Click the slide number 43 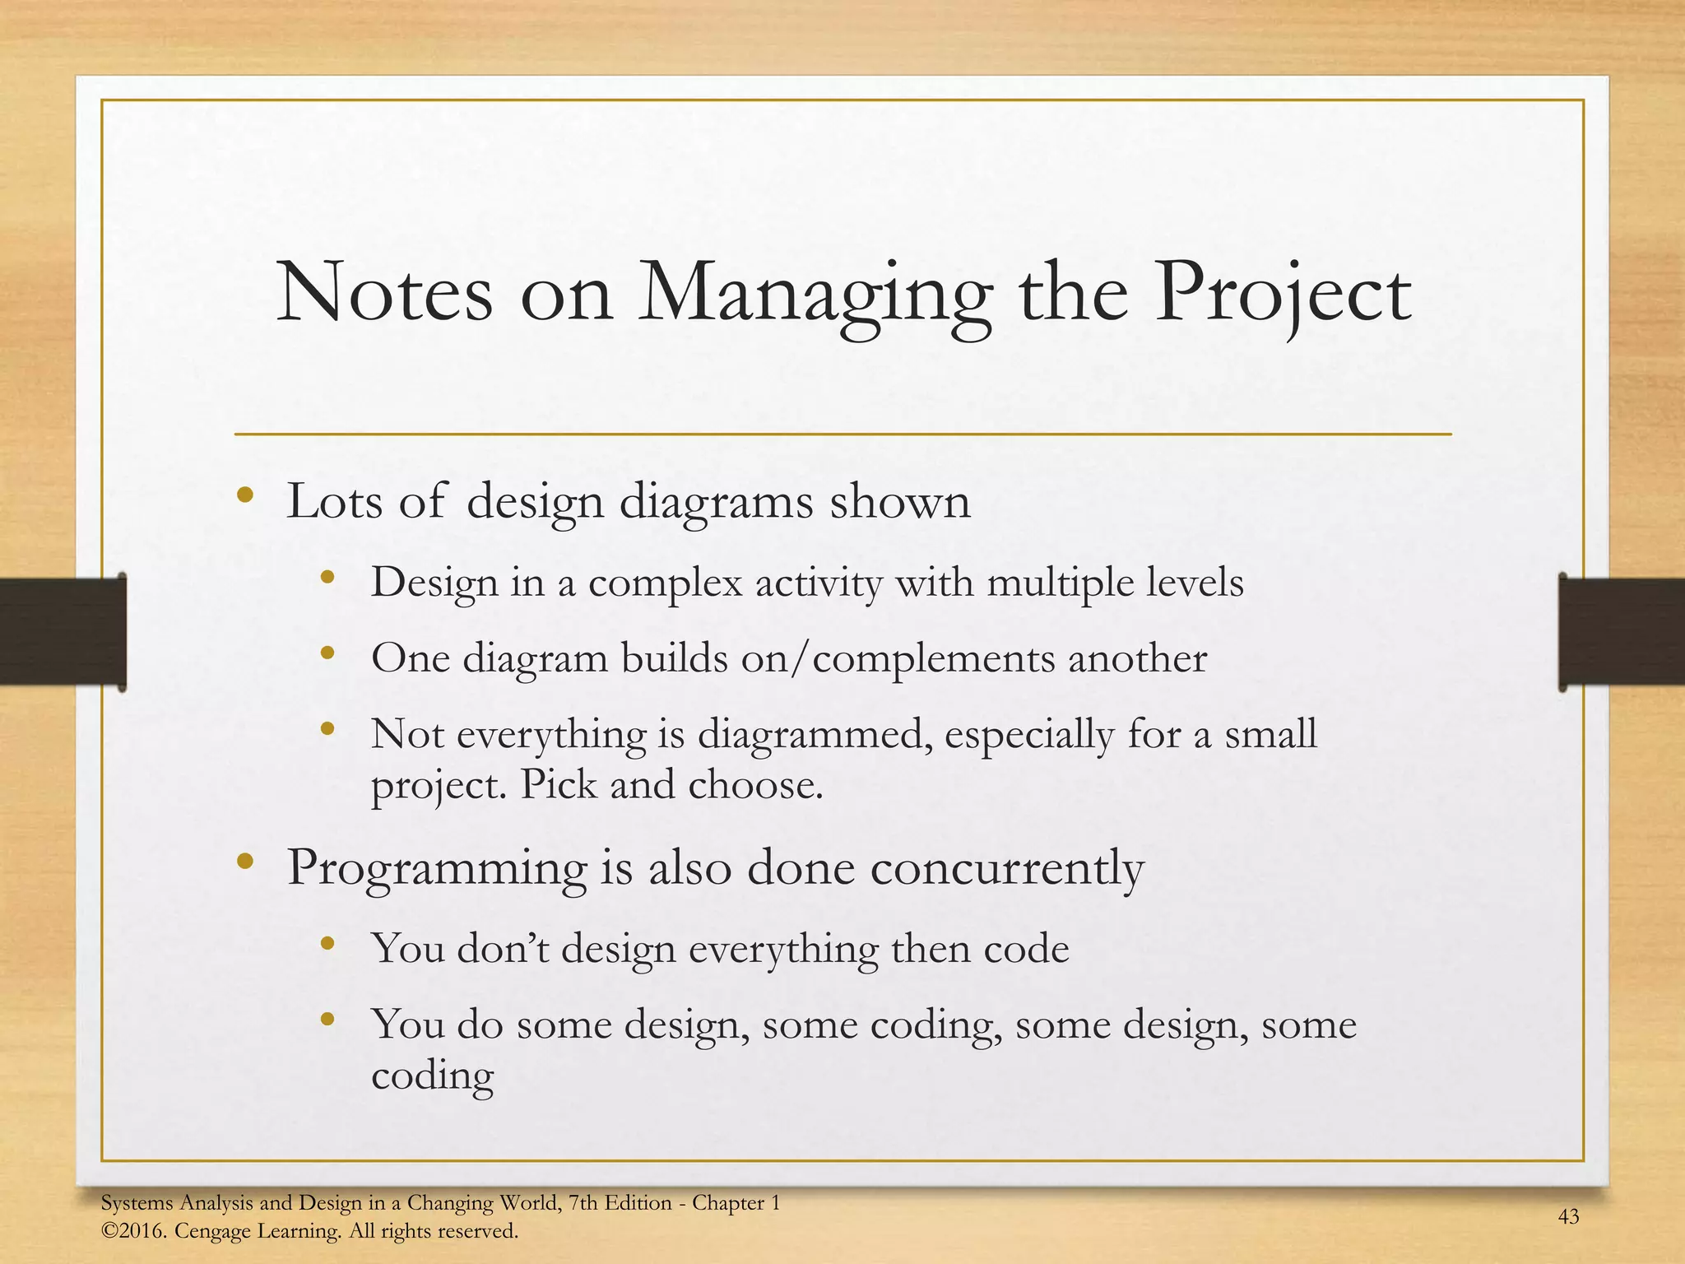pyautogui.click(x=1568, y=1216)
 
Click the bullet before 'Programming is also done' pyautogui.click(x=244, y=862)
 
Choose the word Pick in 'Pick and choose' pyautogui.click(x=559, y=784)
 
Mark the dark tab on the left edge pyautogui.click(x=63, y=631)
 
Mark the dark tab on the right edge pyautogui.click(x=1621, y=631)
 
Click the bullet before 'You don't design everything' pyautogui.click(x=327, y=944)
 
